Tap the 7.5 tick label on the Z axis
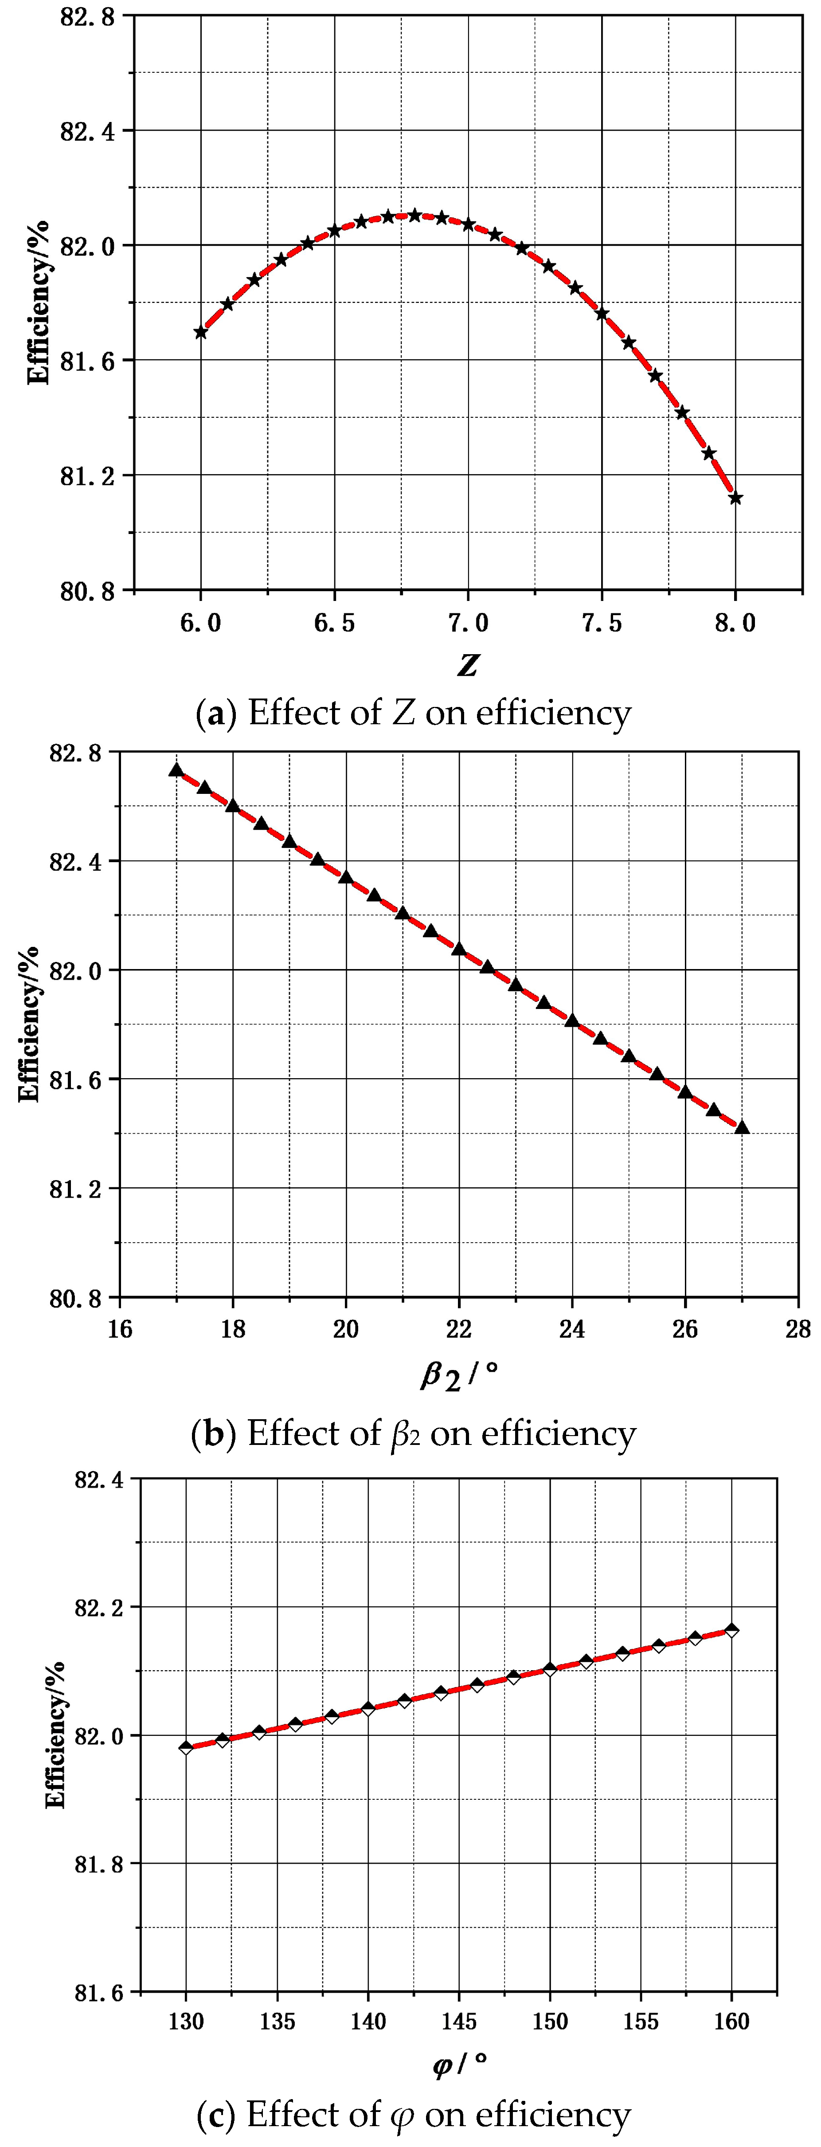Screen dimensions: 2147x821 602,624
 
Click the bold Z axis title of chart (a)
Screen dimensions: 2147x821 468,665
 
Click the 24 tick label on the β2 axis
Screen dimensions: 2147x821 572,1329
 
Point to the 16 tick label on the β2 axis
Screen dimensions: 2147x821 120,1329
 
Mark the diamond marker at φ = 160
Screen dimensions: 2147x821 732,1630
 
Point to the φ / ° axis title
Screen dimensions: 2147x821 459,2065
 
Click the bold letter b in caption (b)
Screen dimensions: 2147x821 213,1433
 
